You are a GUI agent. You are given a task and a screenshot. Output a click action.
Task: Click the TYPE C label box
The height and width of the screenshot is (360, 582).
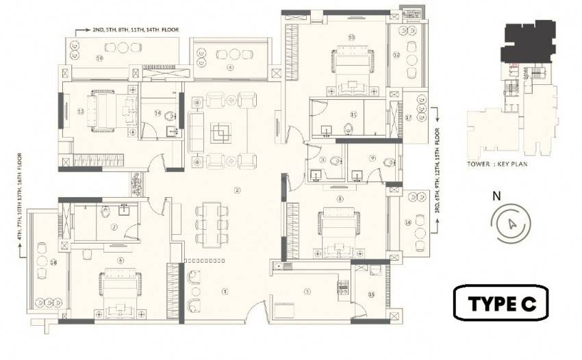pos(502,303)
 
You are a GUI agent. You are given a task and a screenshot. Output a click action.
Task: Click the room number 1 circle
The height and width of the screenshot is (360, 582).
pos(224,292)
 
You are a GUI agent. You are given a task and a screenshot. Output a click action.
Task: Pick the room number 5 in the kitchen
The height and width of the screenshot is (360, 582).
pos(307,292)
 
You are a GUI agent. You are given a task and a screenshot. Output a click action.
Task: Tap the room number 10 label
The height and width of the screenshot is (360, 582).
pos(351,38)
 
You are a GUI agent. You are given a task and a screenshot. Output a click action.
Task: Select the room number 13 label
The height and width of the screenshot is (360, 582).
pos(81,111)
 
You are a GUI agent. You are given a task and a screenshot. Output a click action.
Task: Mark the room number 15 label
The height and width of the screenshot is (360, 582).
pos(370,295)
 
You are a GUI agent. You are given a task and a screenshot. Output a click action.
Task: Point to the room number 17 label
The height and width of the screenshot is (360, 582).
pos(409,118)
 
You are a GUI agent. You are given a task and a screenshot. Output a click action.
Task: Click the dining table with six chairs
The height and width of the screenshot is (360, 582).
pos(211,223)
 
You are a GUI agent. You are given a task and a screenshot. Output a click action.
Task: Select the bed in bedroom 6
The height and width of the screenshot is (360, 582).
pos(121,292)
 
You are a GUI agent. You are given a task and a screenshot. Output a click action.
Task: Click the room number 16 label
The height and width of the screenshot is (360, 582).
pos(408,222)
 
